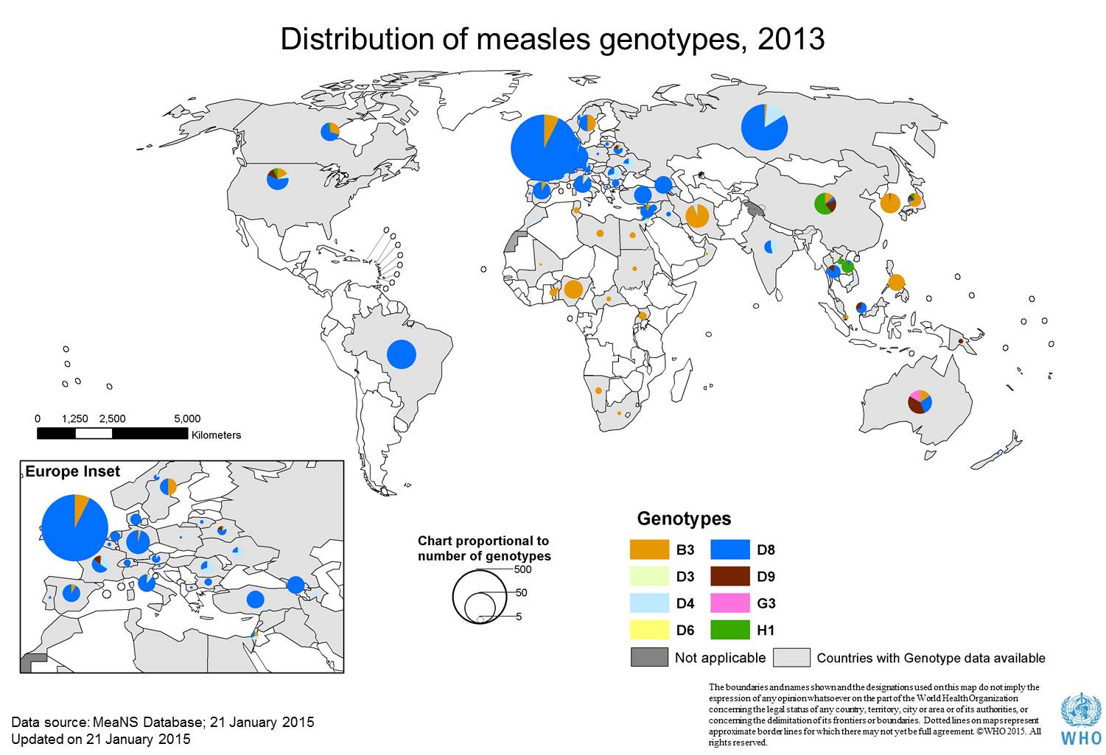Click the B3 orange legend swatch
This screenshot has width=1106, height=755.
point(649,549)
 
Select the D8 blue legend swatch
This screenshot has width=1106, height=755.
point(729,549)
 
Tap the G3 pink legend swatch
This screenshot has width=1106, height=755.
point(729,603)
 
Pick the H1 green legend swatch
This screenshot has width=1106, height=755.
point(729,630)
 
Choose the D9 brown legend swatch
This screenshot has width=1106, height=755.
point(729,576)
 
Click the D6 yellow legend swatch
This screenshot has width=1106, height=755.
point(649,630)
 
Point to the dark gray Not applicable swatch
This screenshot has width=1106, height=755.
point(649,657)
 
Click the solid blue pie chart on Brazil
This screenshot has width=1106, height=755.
point(401,354)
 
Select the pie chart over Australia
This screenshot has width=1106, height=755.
point(920,401)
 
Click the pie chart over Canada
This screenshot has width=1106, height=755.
point(329,132)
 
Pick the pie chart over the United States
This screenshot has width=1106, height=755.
point(278,179)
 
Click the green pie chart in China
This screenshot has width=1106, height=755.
point(825,203)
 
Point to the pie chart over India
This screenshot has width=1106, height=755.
point(771,246)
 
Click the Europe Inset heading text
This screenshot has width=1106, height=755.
point(72,472)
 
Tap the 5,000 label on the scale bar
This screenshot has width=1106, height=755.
point(187,418)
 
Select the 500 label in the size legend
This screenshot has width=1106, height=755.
point(522,569)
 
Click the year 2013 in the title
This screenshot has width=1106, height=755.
point(791,39)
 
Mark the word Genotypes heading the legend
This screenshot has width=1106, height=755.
point(684,519)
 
